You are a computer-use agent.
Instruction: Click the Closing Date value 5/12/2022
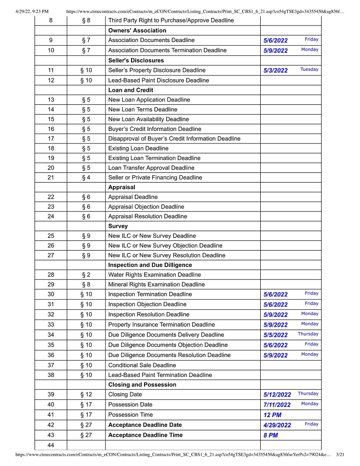pos(277,395)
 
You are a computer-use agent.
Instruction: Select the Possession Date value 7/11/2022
pos(277,405)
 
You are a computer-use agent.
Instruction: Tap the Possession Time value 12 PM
pos(272,415)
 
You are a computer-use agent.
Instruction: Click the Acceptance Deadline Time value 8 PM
pos(271,436)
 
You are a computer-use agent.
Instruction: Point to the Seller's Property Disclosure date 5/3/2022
pos(276,71)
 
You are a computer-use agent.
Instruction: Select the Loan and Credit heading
pos(131,90)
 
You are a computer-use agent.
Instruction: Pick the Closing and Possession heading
pos(142,385)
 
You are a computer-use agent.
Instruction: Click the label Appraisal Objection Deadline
pos(146,207)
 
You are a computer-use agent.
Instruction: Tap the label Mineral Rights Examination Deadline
pos(156,285)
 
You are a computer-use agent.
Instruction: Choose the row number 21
pos(51,178)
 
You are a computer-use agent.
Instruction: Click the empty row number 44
pos(51,445)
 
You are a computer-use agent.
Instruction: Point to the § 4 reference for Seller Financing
pos(86,178)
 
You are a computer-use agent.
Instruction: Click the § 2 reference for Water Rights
pos(86,275)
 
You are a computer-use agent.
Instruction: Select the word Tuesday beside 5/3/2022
pos(309,69)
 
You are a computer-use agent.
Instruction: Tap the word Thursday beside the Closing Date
pos(308,394)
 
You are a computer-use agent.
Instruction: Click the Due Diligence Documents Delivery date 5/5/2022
pos(276,336)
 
